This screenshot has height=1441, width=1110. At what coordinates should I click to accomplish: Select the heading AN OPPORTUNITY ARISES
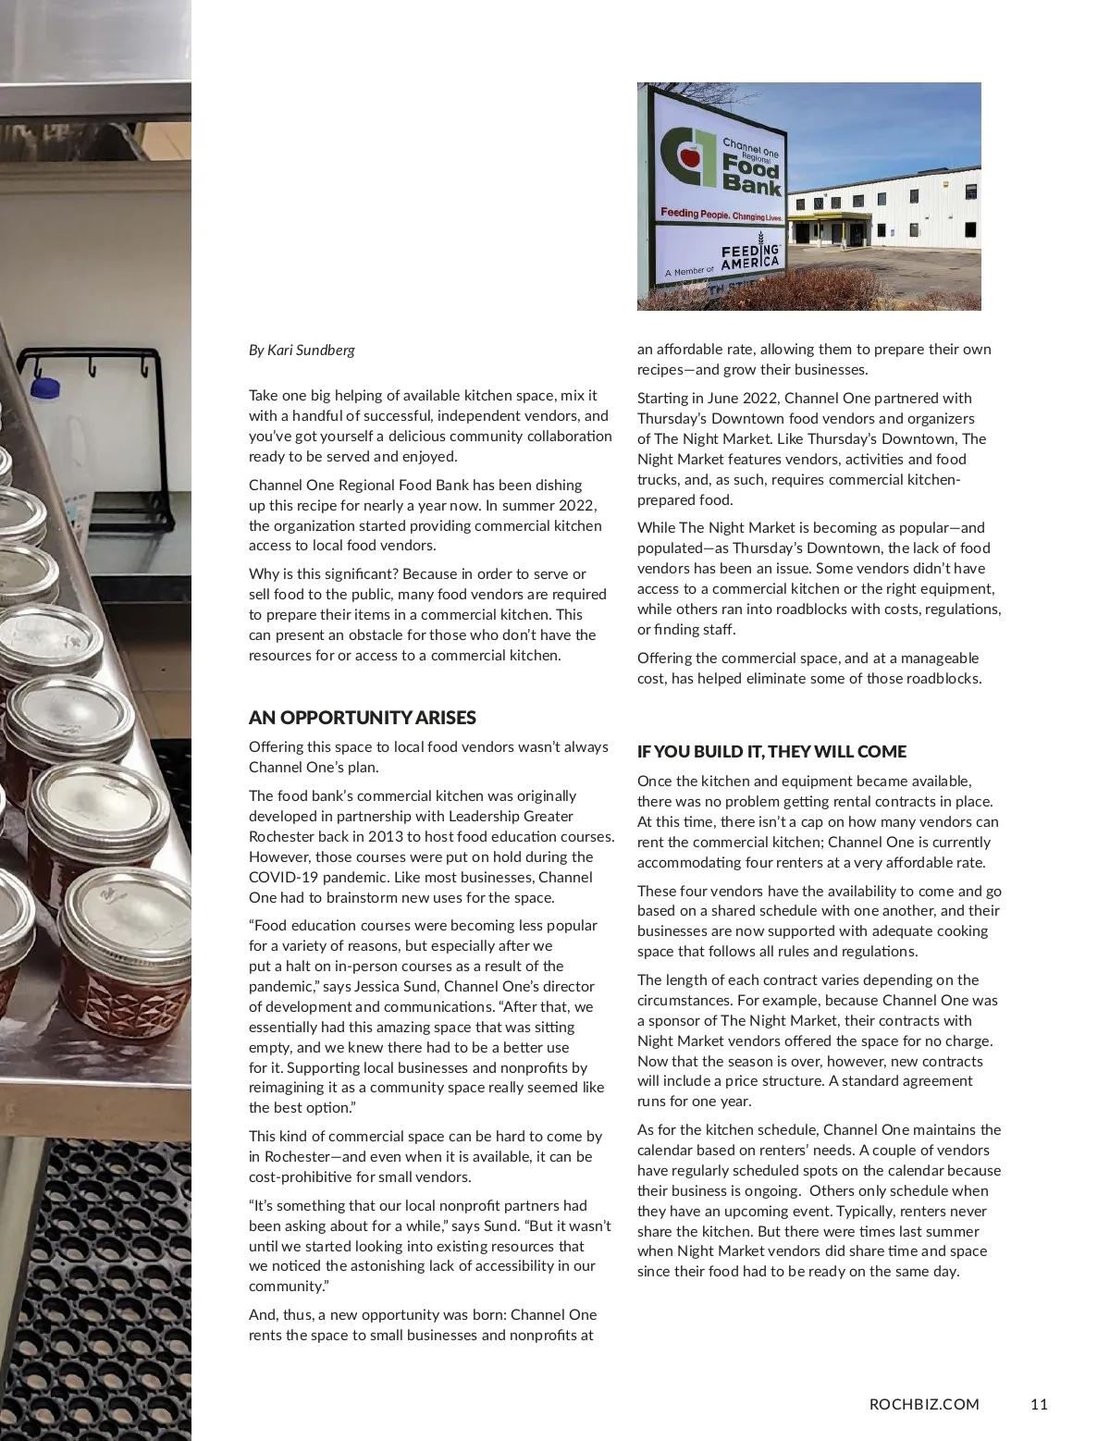coord(362,718)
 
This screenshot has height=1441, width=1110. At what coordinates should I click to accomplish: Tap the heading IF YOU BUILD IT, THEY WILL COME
coord(771,752)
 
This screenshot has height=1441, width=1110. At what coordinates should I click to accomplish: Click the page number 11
coord(1039,1404)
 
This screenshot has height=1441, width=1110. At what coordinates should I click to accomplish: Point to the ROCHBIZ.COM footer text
coord(924,1404)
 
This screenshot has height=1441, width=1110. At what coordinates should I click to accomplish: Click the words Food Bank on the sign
coord(750,176)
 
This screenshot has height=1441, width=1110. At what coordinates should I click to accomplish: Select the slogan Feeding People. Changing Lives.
coord(721,216)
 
